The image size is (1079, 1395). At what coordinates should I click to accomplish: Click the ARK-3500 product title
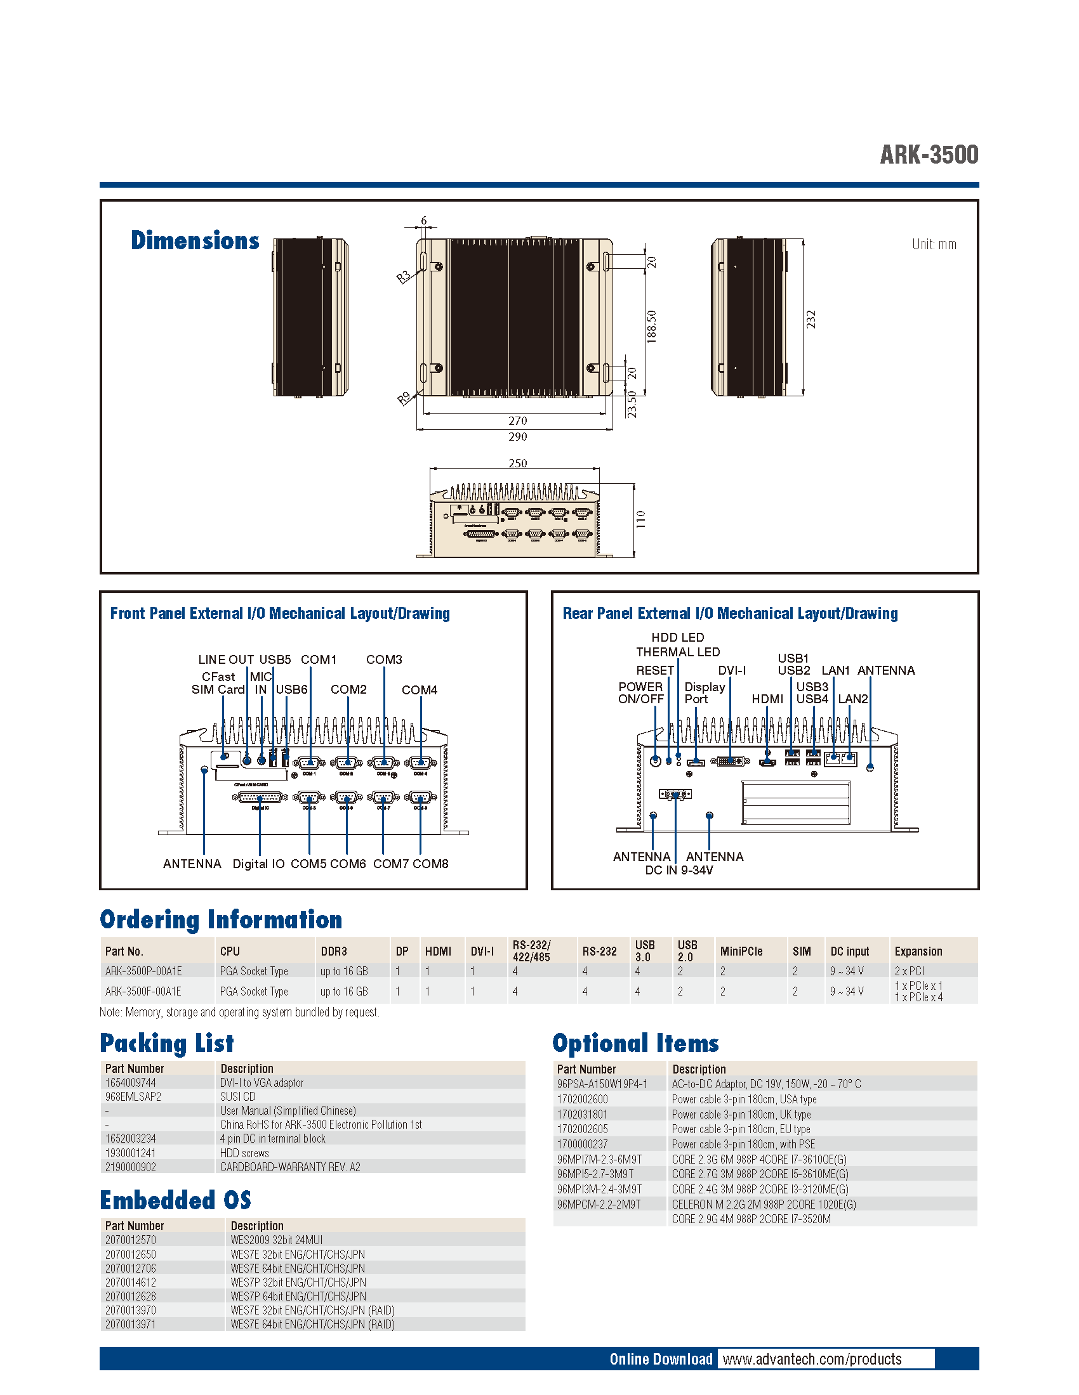coord(928,155)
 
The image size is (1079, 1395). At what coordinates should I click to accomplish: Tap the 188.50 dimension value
coord(651,327)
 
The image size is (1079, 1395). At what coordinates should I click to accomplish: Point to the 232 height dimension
coord(811,319)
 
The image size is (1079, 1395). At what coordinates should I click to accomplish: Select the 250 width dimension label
coord(517,462)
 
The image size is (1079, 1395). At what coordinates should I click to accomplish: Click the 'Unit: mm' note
coord(933,244)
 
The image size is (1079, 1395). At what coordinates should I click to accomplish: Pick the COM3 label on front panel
coord(383,659)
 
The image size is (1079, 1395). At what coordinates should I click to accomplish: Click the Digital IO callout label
coord(258,864)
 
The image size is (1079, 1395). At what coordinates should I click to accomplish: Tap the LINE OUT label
coord(226,659)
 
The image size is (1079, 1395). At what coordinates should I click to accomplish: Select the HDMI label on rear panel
coord(767,699)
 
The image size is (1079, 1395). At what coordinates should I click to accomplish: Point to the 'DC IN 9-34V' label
coord(679,870)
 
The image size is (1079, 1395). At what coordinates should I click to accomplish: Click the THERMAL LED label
coord(678,651)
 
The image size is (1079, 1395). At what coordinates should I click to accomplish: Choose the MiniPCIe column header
coord(741,951)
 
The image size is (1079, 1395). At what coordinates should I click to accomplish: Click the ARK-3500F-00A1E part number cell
coord(143,991)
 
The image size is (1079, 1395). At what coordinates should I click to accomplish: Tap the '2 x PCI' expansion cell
coord(909,971)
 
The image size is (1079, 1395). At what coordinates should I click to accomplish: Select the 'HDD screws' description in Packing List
coord(244,1153)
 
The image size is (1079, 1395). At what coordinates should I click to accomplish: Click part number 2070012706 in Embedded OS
coord(130,1268)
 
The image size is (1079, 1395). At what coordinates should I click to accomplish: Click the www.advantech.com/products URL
coord(812,1359)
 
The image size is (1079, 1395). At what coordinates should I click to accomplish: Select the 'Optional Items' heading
coord(635,1043)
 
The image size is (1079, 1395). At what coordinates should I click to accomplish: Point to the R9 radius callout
coord(404,399)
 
